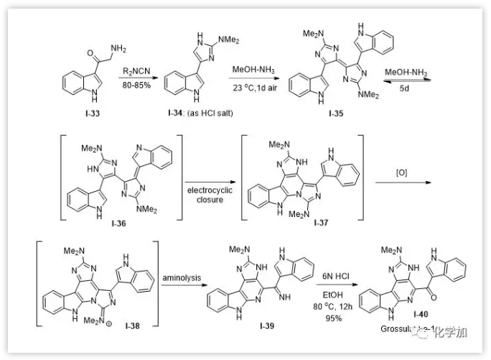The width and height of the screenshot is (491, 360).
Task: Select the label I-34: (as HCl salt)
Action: tap(200, 114)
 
